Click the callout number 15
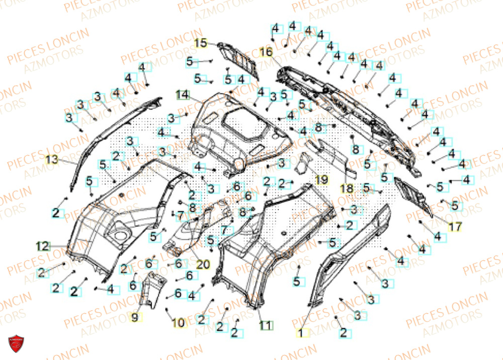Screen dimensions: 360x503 201,43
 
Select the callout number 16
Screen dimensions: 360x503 266,52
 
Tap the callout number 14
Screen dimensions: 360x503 182,94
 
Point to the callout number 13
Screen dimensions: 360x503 52,160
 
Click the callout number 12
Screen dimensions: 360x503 43,246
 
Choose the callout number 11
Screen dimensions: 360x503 266,325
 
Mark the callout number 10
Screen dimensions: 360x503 179,323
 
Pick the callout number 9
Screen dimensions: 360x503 135,317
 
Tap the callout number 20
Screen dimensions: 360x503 203,263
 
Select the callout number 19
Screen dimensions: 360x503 321,179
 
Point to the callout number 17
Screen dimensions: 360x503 455,227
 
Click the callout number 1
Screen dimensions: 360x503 301,332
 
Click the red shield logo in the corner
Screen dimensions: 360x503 17,345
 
